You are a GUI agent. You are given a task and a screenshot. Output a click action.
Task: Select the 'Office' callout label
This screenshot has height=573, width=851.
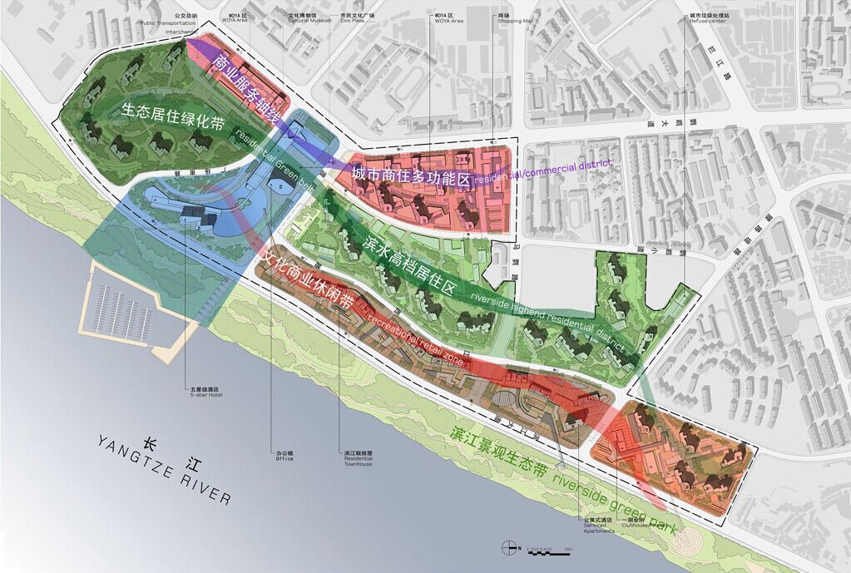pos(284,457)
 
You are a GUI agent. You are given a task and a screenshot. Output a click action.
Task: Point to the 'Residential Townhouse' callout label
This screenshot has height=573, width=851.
pos(359,459)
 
